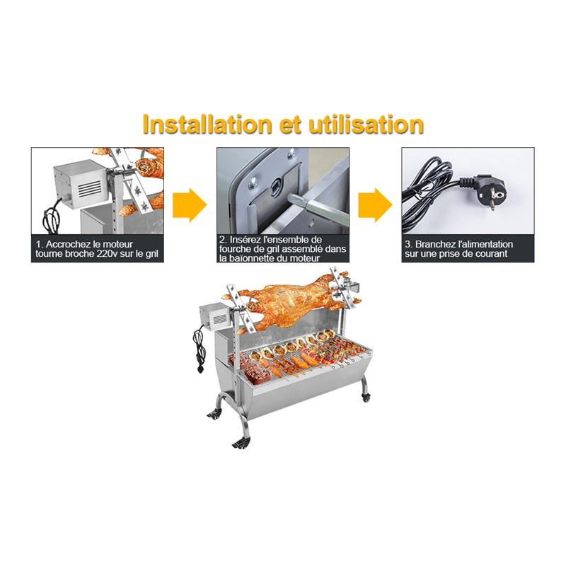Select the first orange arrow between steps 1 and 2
click(x=189, y=205)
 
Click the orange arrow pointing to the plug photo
click(x=374, y=205)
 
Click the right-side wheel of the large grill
click(x=365, y=389)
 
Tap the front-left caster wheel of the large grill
click(x=241, y=441)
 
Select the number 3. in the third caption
click(x=409, y=244)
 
